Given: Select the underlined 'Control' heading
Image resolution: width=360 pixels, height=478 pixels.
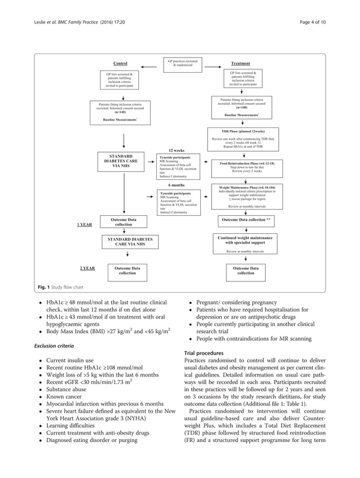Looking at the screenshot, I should (120, 64).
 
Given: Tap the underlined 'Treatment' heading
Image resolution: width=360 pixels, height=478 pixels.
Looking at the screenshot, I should (241, 64).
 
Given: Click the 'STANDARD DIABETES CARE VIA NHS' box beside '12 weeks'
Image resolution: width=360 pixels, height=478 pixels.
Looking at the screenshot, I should (121, 161).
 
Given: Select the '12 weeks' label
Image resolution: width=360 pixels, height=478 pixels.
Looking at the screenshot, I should (177, 151).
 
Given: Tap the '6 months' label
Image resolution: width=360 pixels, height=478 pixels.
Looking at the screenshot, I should (177, 185).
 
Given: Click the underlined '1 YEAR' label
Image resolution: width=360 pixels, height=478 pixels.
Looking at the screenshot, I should (85, 224).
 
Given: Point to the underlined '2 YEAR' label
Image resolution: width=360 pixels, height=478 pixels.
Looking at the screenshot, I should (87, 268).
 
